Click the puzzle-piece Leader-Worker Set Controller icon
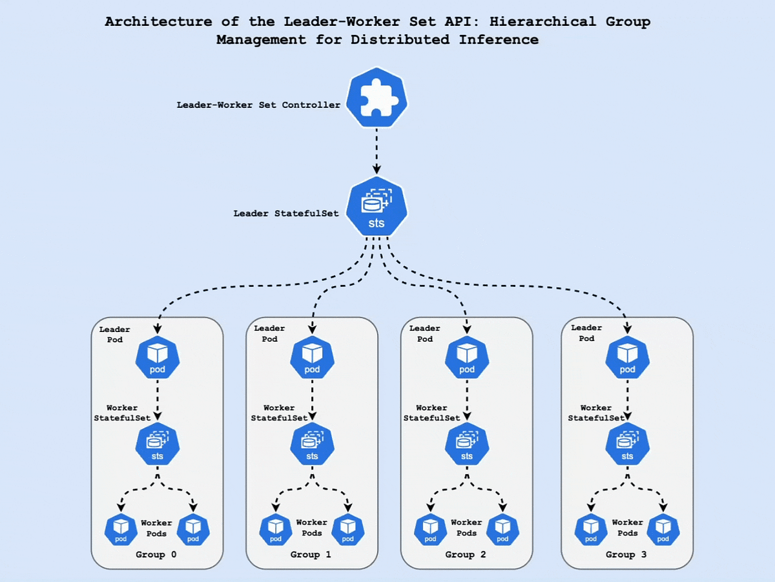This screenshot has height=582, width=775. (x=377, y=101)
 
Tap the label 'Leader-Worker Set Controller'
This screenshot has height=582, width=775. (x=258, y=105)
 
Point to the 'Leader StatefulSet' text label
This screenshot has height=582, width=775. (x=286, y=213)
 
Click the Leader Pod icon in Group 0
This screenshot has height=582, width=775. (x=158, y=358)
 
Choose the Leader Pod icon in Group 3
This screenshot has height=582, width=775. (x=627, y=358)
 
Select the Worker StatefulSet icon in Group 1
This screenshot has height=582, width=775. (x=313, y=445)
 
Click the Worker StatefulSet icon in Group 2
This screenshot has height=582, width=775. (x=467, y=445)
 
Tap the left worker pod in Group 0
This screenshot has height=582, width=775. (x=121, y=530)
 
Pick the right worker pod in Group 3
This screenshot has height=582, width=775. (x=663, y=530)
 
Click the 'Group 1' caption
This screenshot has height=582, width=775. (x=311, y=555)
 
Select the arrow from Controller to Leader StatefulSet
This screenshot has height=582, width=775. (x=377, y=150)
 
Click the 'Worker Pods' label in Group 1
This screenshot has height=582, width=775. (x=311, y=528)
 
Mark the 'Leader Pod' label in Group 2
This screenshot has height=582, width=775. (x=424, y=333)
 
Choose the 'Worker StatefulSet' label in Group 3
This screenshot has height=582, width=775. (x=595, y=413)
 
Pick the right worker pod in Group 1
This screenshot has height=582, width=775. (x=348, y=530)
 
